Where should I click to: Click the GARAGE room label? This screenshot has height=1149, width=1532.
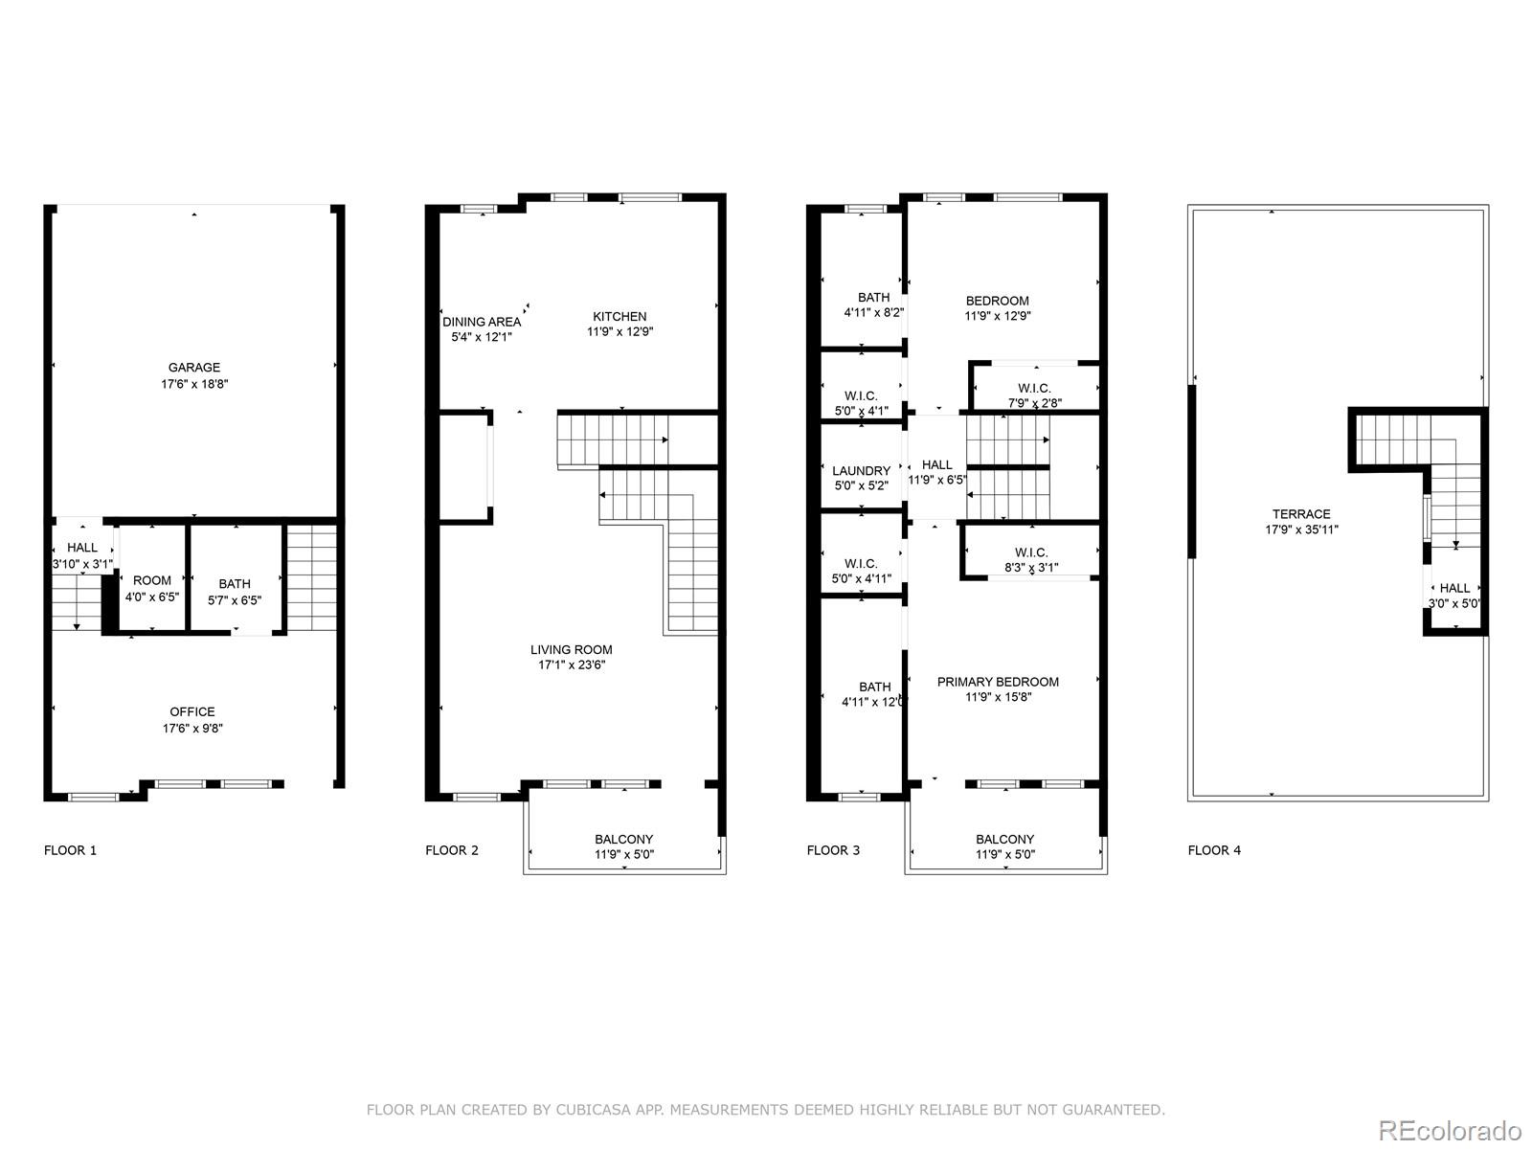tap(194, 368)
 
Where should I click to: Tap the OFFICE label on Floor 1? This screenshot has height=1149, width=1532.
tap(192, 712)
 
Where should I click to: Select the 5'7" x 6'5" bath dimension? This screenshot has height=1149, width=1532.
tap(235, 600)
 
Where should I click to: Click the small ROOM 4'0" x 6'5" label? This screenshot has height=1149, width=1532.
tap(152, 581)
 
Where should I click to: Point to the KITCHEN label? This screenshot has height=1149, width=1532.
tap(620, 317)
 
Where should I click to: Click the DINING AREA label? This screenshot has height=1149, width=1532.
tap(482, 322)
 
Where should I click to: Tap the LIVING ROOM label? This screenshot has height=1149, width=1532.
tap(572, 650)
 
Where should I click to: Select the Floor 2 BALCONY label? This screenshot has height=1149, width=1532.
tap(624, 840)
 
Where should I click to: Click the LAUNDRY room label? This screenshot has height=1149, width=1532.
tap(861, 471)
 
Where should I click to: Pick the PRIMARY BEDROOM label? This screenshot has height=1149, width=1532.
tap(998, 683)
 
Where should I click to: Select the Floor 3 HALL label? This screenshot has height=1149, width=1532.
tap(936, 465)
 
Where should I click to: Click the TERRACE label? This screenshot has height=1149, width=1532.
tap(1301, 514)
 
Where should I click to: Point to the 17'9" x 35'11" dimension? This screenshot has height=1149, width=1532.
tap(1301, 529)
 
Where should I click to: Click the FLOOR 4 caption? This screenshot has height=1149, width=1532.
tap(1214, 850)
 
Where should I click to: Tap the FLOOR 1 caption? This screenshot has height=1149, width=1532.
tap(71, 850)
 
